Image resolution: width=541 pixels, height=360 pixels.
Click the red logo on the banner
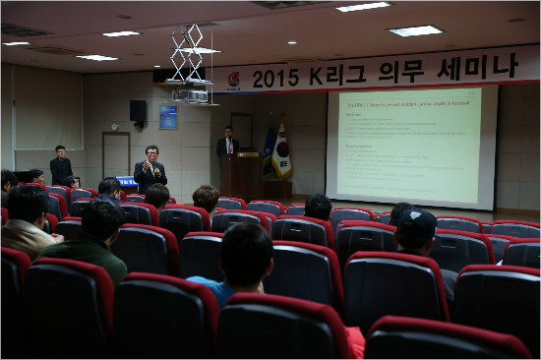[x=233, y=80]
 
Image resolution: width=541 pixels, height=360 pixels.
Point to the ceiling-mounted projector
[x=191, y=94]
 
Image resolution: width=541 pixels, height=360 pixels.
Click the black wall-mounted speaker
[x=138, y=110]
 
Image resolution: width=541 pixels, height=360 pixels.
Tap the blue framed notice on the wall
[x=168, y=117]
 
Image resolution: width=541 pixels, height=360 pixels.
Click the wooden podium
[x=242, y=175]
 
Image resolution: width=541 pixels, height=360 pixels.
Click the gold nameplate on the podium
[x=247, y=154]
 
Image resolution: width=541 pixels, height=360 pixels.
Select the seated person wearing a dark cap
[x=417, y=232]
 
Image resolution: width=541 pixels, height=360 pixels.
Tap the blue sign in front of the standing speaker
[x=127, y=181]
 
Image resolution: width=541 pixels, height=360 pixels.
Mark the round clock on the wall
[x=115, y=126]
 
